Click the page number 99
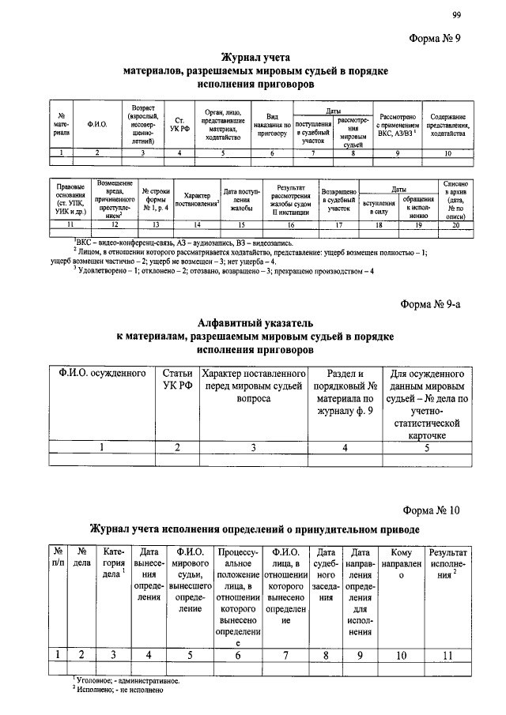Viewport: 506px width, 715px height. (457, 15)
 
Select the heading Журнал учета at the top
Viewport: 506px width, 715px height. (256, 57)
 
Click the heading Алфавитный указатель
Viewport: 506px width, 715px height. (255, 322)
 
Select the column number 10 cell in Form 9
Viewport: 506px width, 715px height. (448, 152)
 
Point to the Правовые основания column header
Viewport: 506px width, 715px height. (66, 201)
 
